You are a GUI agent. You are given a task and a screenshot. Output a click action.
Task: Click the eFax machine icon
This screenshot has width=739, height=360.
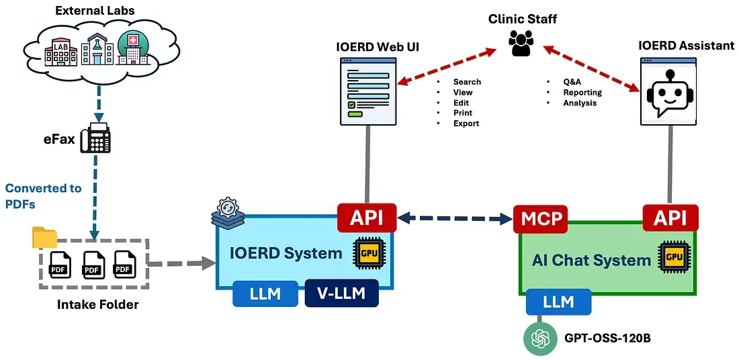tap(95, 138)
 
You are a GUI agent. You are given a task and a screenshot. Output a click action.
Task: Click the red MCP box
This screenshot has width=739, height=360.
tap(541, 219)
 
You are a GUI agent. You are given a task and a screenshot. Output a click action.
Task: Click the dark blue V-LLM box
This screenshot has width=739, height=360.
tap(341, 294)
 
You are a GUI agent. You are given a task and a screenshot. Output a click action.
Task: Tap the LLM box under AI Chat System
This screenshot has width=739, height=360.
tap(558, 302)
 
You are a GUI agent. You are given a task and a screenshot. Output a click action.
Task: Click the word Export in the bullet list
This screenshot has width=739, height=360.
tap(466, 124)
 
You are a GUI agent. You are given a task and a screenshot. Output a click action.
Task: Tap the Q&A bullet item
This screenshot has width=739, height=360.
tap(572, 82)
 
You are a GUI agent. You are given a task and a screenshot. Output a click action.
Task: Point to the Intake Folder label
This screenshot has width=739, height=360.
tap(98, 305)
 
